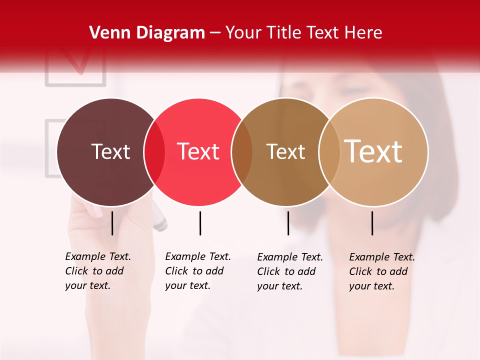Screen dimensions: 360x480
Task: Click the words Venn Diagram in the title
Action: pos(147,33)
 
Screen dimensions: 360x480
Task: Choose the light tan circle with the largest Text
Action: pos(380,180)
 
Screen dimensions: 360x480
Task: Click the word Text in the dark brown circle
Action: pos(110,151)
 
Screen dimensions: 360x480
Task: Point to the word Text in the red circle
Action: pos(198,151)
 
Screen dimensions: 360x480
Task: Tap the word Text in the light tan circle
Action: pos(373,151)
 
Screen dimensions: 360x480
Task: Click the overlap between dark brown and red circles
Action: pos(154,152)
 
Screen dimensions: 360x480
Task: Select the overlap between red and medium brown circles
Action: pos(242,152)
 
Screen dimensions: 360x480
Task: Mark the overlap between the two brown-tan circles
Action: pos(329,152)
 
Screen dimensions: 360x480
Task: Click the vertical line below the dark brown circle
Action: pos(112,223)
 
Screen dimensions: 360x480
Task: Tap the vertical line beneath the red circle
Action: pos(200,223)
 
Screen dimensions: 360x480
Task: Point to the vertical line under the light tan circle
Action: pos(372,223)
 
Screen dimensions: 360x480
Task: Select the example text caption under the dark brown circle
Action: pos(97,271)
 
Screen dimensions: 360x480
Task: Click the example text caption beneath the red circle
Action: pos(197,271)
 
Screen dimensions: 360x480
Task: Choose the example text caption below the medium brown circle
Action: pos(289,271)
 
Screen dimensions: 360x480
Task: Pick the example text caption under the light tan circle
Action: pos(381,271)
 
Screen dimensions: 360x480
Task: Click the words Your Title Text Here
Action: pos(303,33)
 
